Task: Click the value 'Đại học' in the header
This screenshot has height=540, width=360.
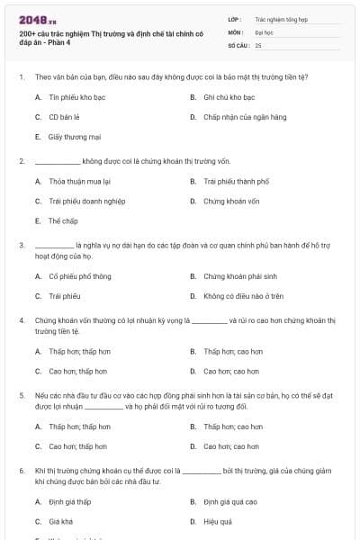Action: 264,31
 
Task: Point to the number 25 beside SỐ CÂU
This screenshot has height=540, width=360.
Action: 258,44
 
